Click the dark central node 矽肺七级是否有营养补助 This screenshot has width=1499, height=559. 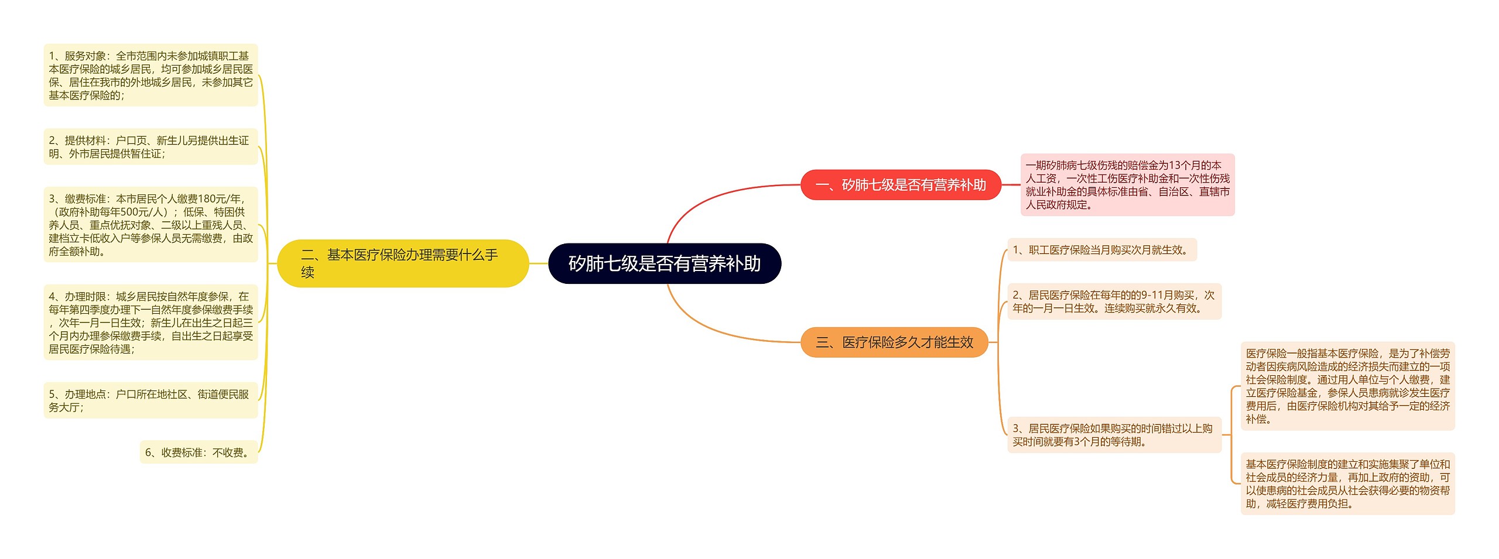(x=664, y=263)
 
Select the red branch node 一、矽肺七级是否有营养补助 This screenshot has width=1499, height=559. (x=900, y=185)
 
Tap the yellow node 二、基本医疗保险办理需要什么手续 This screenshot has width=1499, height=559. (x=402, y=263)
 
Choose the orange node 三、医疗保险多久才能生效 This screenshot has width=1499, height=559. (x=894, y=342)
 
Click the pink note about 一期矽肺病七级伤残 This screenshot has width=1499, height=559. (x=1127, y=185)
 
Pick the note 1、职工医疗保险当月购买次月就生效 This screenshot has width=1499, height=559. (x=1101, y=250)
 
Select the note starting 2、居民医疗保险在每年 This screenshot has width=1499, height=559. (x=1114, y=301)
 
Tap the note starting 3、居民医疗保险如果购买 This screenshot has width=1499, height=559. (x=1114, y=435)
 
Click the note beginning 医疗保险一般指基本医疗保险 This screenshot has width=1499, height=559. (x=1347, y=386)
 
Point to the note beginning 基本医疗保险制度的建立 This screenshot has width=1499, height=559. (x=1347, y=483)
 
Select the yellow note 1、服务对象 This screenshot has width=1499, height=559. (x=150, y=76)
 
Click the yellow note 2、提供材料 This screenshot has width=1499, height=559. (x=150, y=147)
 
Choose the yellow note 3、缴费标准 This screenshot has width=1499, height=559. (x=150, y=225)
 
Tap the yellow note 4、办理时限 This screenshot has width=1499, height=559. (x=150, y=323)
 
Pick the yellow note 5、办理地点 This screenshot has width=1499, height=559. (x=150, y=400)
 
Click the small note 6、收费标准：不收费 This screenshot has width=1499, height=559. (x=199, y=452)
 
